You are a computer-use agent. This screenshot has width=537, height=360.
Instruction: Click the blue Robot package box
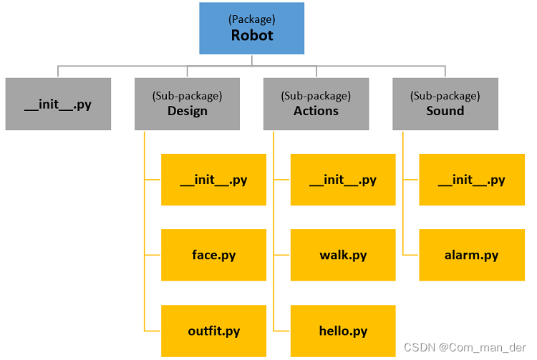[252, 28]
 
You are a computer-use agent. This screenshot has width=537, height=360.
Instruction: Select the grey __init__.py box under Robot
[58, 104]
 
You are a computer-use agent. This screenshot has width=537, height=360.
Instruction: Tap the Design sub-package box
[187, 104]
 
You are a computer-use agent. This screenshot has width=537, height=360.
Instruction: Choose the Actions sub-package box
[316, 104]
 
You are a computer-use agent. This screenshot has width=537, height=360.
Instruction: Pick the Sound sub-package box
[445, 104]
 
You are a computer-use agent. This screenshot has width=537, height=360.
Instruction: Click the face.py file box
[213, 255]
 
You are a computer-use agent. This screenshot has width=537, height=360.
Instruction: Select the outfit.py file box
[213, 331]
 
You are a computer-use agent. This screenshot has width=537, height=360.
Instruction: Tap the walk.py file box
[343, 255]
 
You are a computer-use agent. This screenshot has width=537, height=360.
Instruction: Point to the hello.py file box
[343, 331]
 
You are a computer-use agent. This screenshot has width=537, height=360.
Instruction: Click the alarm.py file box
[472, 255]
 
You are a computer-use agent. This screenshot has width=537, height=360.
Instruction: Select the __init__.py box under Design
[213, 180]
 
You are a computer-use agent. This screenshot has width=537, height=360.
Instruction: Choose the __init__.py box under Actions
[343, 180]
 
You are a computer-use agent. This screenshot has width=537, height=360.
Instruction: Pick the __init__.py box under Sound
[472, 180]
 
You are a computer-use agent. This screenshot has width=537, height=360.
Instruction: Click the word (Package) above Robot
[252, 19]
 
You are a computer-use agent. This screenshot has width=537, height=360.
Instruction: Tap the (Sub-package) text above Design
[188, 96]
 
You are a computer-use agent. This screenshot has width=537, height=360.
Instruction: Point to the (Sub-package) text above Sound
[445, 96]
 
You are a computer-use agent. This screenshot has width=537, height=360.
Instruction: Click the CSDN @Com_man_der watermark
[465, 347]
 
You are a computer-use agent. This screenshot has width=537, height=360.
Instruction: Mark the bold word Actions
[316, 111]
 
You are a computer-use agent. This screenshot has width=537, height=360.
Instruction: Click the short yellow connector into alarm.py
[411, 255]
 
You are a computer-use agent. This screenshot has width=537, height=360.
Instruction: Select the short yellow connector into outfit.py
[153, 331]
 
